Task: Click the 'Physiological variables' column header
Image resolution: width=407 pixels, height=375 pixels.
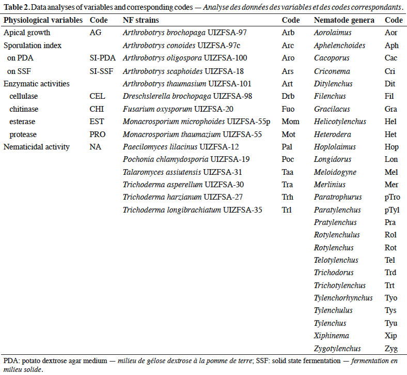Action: [43, 20]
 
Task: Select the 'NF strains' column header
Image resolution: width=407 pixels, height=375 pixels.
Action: [140, 20]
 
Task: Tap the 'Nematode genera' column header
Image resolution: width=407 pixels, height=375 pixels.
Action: [344, 20]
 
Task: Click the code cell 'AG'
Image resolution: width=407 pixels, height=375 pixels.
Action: [96, 33]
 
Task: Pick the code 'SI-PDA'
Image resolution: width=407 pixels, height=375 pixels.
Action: [103, 58]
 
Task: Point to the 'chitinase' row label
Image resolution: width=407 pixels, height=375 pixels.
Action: [24, 109]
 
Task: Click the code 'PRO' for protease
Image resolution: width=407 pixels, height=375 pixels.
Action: [98, 134]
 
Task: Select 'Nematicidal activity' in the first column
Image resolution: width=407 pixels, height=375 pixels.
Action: [37, 147]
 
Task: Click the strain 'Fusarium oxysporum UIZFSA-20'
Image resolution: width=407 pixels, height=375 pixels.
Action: [178, 109]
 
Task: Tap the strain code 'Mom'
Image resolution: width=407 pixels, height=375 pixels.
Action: [290, 122]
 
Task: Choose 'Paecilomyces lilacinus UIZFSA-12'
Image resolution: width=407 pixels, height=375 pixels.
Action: [181, 147]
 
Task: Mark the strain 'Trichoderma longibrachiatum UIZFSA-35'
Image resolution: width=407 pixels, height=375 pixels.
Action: [192, 210]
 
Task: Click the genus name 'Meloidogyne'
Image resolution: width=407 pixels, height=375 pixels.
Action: [335, 172]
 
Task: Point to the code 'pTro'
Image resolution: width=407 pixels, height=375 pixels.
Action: [393, 197]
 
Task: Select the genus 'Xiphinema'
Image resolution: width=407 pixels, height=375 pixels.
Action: [332, 336]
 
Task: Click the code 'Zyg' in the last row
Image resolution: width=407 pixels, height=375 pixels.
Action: [391, 349]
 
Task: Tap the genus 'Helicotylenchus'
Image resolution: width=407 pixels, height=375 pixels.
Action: [340, 122]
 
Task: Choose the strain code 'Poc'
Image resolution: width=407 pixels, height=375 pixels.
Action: [288, 159]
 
